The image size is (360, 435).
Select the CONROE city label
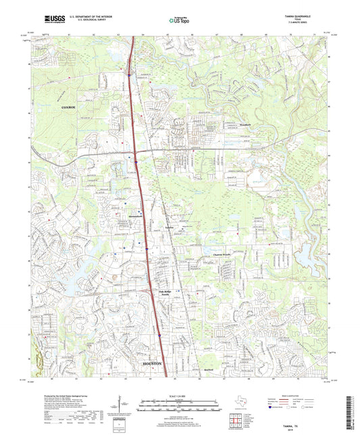(x=70, y=107)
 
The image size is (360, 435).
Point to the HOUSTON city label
(x=154, y=363)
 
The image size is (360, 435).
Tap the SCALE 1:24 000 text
(x=180, y=396)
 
